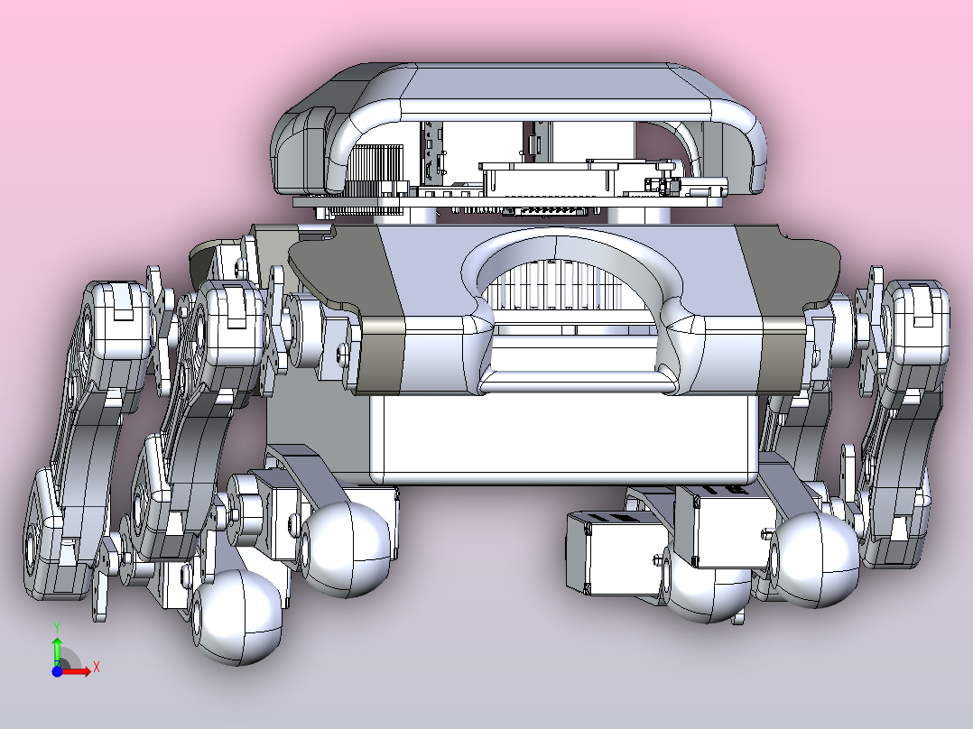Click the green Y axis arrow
(57, 651)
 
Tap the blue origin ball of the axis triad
(57, 670)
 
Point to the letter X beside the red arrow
(97, 668)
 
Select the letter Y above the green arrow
(57, 628)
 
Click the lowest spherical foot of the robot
(236, 617)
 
